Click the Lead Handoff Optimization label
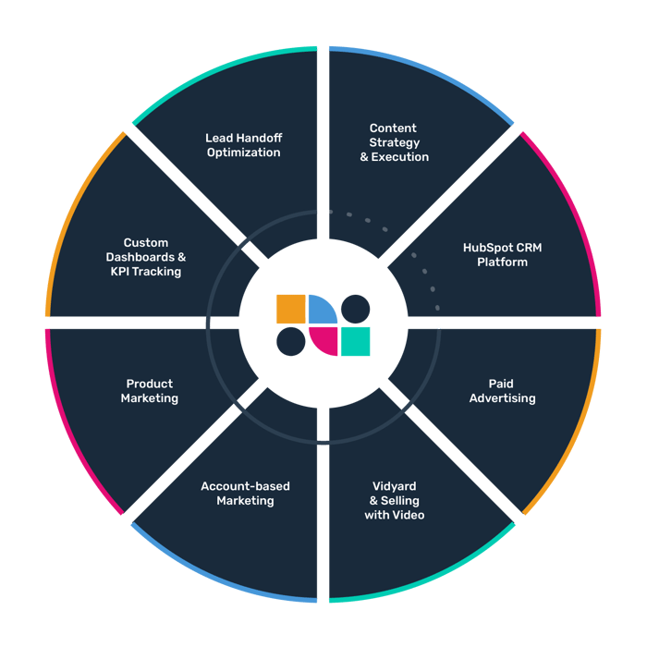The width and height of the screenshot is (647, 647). tap(243, 145)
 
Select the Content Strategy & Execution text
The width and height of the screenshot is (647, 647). tap(394, 142)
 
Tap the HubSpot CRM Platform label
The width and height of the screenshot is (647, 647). tap(502, 254)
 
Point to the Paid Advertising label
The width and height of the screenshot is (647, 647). tap(502, 391)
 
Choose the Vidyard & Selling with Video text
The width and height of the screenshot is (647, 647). tap(395, 500)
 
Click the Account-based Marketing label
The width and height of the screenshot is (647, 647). tap(245, 494)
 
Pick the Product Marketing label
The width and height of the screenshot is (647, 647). tap(149, 391)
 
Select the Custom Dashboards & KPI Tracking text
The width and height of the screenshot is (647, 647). tap(148, 257)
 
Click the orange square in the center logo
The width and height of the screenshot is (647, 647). tap(291, 309)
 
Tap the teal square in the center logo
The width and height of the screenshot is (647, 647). tap(355, 341)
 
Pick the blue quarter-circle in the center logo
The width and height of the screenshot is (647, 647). tap(320, 310)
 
